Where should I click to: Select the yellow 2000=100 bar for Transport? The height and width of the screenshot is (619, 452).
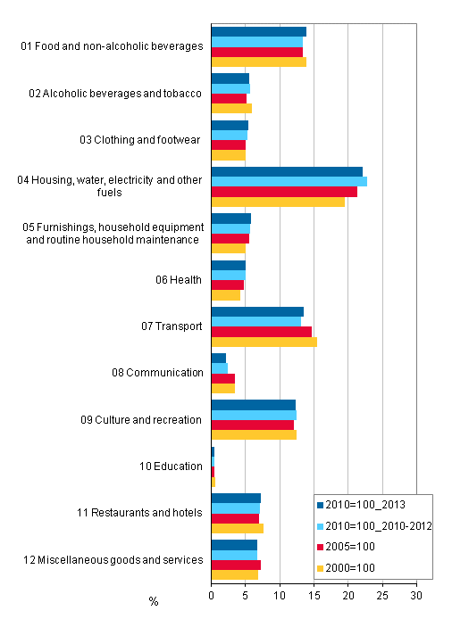[x=264, y=342]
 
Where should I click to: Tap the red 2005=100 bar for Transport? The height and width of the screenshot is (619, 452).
[x=262, y=331]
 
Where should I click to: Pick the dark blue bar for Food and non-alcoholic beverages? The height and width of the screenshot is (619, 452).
[x=259, y=31]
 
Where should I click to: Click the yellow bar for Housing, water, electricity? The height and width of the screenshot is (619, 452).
[x=278, y=202]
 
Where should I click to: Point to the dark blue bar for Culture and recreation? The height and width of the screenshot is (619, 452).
[x=254, y=404]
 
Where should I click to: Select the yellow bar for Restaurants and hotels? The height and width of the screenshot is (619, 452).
[x=238, y=529]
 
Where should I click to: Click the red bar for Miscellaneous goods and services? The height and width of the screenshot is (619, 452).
[x=236, y=565]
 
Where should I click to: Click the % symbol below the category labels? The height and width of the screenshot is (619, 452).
[x=154, y=601]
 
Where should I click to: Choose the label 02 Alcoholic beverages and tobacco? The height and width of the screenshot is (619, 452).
[x=115, y=93]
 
